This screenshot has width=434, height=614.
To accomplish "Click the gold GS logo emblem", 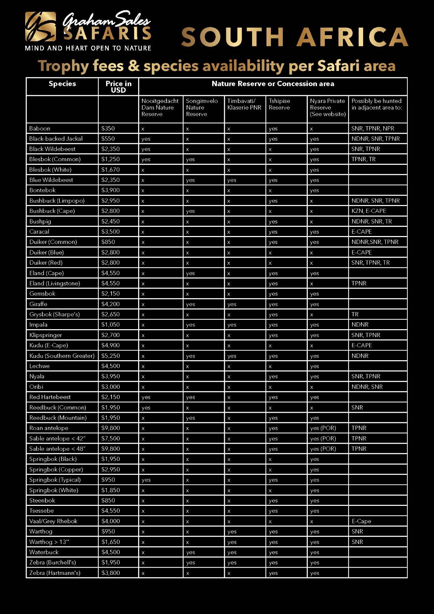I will pos(40,26).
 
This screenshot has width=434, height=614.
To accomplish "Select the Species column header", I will pos(62,84).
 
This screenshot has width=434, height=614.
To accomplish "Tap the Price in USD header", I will pos(118,87).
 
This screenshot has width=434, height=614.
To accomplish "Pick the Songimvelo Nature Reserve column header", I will pos(202,107).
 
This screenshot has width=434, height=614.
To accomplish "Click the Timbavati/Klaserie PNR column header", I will pos(244,104).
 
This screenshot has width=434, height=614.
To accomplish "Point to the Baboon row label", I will pos(40,129).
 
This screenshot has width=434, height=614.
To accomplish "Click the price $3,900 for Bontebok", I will pos(111,190).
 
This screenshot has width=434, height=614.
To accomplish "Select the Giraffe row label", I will pos(38,304).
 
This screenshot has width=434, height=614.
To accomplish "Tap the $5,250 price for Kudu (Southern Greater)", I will pos(111,356).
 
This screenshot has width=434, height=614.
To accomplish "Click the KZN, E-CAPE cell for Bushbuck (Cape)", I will pos(369,211).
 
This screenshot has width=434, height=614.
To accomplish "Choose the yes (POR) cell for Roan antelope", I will pos(323,428).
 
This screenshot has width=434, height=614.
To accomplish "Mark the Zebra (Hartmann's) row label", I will pos(55,573).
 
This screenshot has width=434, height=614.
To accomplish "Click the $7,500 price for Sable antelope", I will pos(111,438).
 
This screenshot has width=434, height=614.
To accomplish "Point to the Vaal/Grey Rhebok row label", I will pos(53,521).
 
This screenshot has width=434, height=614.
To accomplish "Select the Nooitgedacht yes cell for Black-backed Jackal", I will pos(146,139).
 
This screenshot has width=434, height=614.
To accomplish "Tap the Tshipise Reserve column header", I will pos(279,104).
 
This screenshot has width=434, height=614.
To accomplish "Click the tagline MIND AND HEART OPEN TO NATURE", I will pos(88,48).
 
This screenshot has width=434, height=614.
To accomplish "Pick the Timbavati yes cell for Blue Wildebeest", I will pos(232,180).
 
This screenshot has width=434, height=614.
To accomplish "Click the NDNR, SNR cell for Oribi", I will pos(367,387).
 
